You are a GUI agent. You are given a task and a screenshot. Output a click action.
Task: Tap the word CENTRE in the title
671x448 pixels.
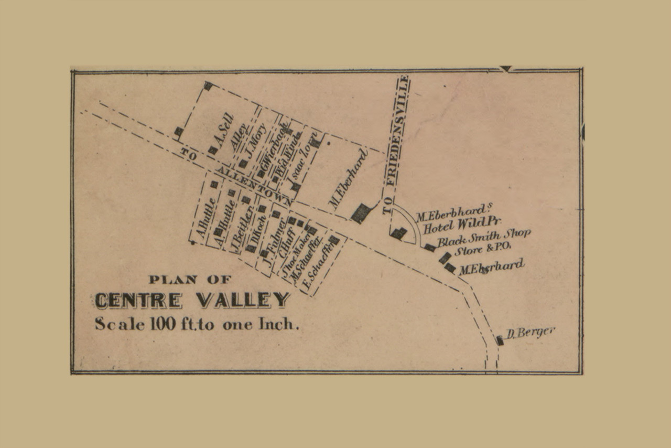point(138,300)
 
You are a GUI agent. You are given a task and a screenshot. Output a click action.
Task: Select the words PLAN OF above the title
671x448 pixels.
point(189,280)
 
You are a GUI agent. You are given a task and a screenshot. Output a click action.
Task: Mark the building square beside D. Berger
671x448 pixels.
point(500,340)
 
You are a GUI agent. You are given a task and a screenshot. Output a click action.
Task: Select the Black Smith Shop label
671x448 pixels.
point(483,238)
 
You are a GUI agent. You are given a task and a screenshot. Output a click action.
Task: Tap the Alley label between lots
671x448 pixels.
point(239,137)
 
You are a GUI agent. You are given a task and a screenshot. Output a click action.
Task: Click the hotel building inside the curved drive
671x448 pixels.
point(398,233)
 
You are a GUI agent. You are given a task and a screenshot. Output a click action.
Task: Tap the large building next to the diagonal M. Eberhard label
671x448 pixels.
point(361,213)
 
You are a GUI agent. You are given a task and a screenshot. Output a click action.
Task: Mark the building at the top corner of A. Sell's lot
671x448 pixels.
point(208,86)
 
